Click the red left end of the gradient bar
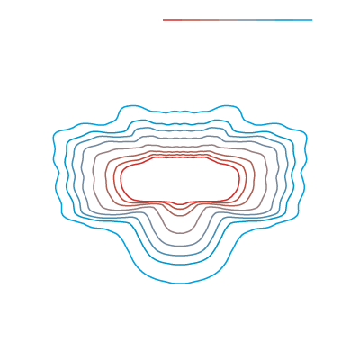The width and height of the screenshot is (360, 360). click(x=164, y=20)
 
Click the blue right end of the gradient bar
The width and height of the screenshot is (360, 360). click(x=312, y=20)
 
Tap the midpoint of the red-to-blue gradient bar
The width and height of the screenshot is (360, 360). click(x=238, y=20)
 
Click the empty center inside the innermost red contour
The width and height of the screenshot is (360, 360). click(x=180, y=180)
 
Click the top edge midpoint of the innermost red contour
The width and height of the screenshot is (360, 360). click(x=180, y=159)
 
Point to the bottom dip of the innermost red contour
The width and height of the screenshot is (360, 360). click(x=180, y=204)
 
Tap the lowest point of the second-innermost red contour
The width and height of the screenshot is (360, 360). click(x=180, y=210)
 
